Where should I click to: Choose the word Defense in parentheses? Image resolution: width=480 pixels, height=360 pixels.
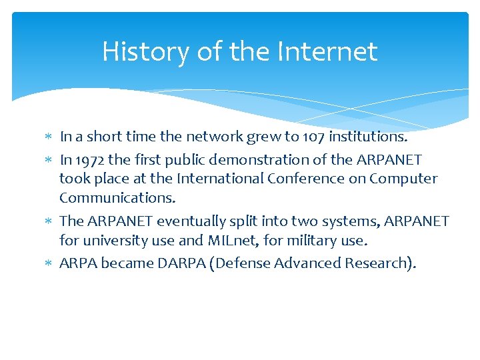pyautogui.click(x=239, y=263)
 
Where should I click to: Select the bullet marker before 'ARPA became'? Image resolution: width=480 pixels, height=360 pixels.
pyautogui.click(x=49, y=263)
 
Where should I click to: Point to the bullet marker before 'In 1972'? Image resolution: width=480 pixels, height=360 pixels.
pyautogui.click(x=49, y=160)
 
